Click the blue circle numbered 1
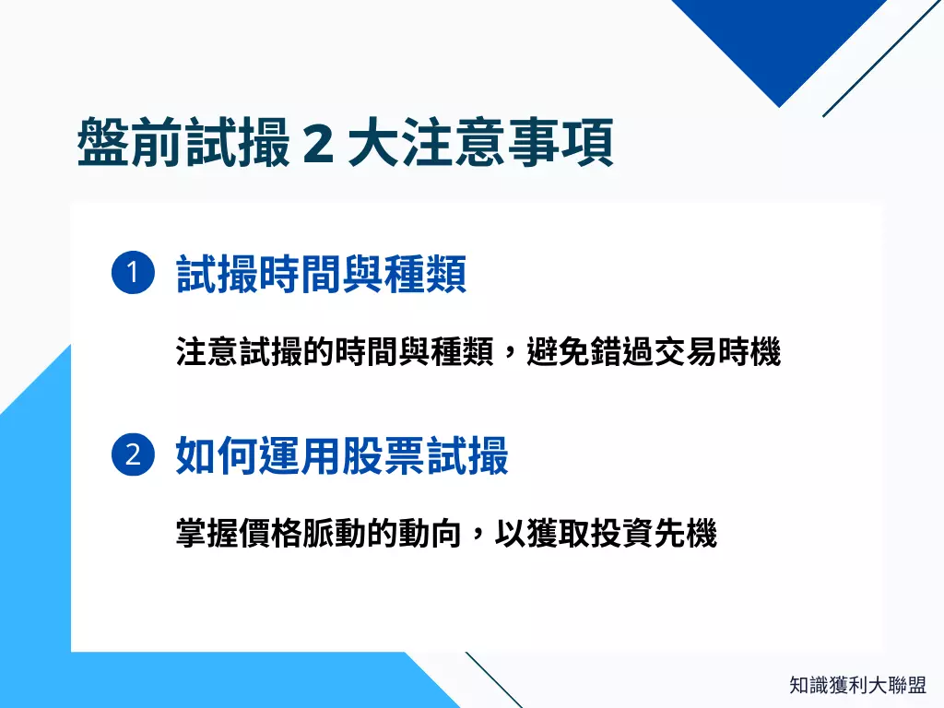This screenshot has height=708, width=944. [x=132, y=274]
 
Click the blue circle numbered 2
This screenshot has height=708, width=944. [x=132, y=456]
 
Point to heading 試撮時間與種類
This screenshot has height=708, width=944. [x=321, y=274]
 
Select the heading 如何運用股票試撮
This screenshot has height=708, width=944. [x=342, y=456]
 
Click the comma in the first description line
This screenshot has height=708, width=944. [x=510, y=356]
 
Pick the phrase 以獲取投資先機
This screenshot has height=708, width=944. [x=607, y=533]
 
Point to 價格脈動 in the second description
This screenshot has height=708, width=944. [x=300, y=533]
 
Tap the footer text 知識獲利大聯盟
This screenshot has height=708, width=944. [x=857, y=686]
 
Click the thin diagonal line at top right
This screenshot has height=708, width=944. [x=880, y=58]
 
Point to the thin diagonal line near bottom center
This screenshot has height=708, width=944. [x=493, y=679]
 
